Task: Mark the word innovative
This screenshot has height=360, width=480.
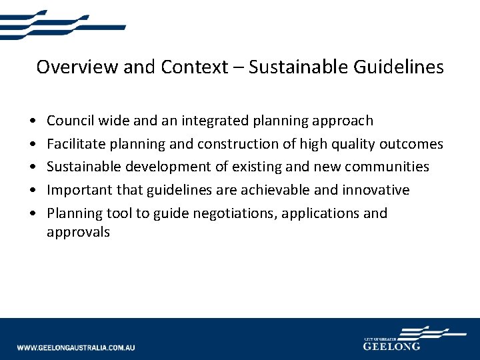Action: (375, 190)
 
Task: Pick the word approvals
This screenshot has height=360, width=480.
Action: (78, 233)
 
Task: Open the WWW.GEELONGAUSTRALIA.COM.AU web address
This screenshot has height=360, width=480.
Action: (76, 348)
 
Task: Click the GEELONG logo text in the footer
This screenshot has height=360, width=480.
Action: (391, 347)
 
